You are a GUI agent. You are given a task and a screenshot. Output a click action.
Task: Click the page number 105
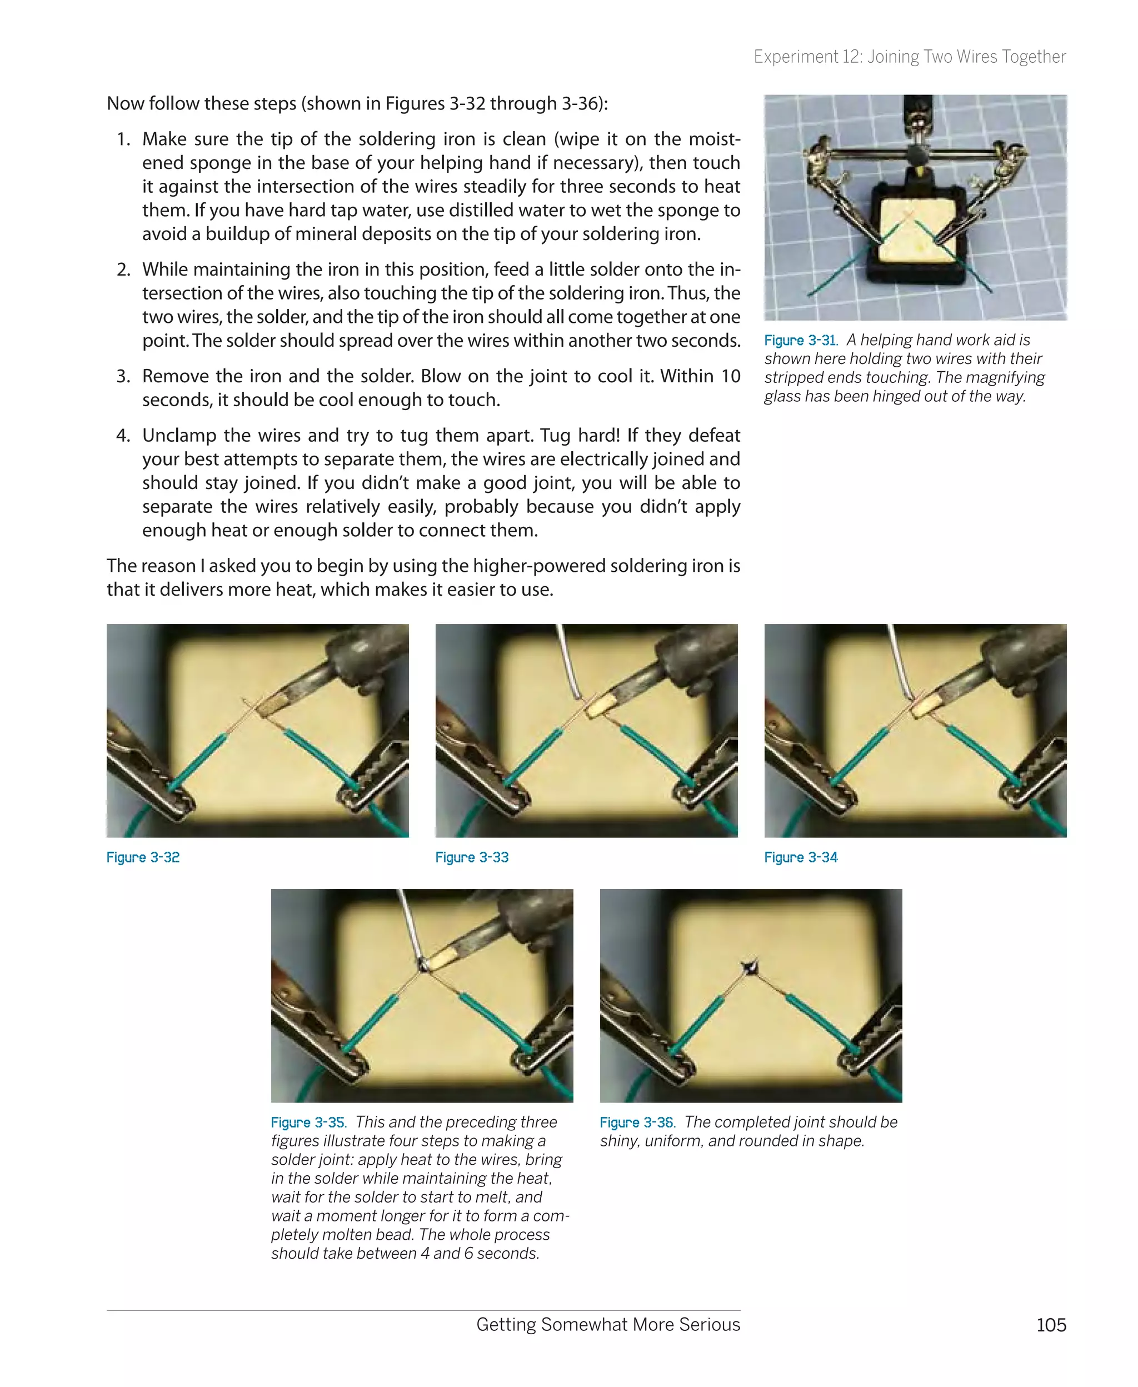click(x=1051, y=1325)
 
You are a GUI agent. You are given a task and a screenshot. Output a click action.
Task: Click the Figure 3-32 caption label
click(x=143, y=857)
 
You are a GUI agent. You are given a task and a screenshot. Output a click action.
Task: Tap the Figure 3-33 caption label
click(x=472, y=857)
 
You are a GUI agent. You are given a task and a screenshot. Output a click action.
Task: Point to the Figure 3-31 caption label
click(x=800, y=340)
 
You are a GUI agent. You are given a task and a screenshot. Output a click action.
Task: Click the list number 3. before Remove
click(x=123, y=376)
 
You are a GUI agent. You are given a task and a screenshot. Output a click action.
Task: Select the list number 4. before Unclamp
click(x=123, y=436)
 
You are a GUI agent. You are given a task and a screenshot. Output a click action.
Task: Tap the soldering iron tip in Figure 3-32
click(x=270, y=707)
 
